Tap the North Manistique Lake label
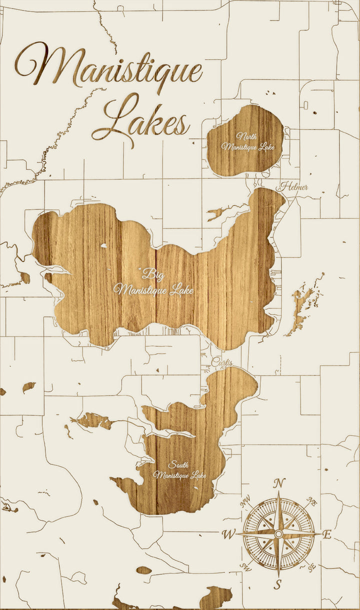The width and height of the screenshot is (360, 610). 248,141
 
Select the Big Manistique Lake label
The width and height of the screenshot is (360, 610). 153,282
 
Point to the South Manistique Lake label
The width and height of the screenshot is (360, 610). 179,470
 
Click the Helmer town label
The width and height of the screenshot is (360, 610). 293,187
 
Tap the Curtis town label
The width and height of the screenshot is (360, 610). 222,362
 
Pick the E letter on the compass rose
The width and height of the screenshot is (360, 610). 327,534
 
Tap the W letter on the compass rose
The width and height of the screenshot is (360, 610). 228,534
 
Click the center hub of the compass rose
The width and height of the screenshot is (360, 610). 278,534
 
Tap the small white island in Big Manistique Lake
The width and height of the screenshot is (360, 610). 103,245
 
